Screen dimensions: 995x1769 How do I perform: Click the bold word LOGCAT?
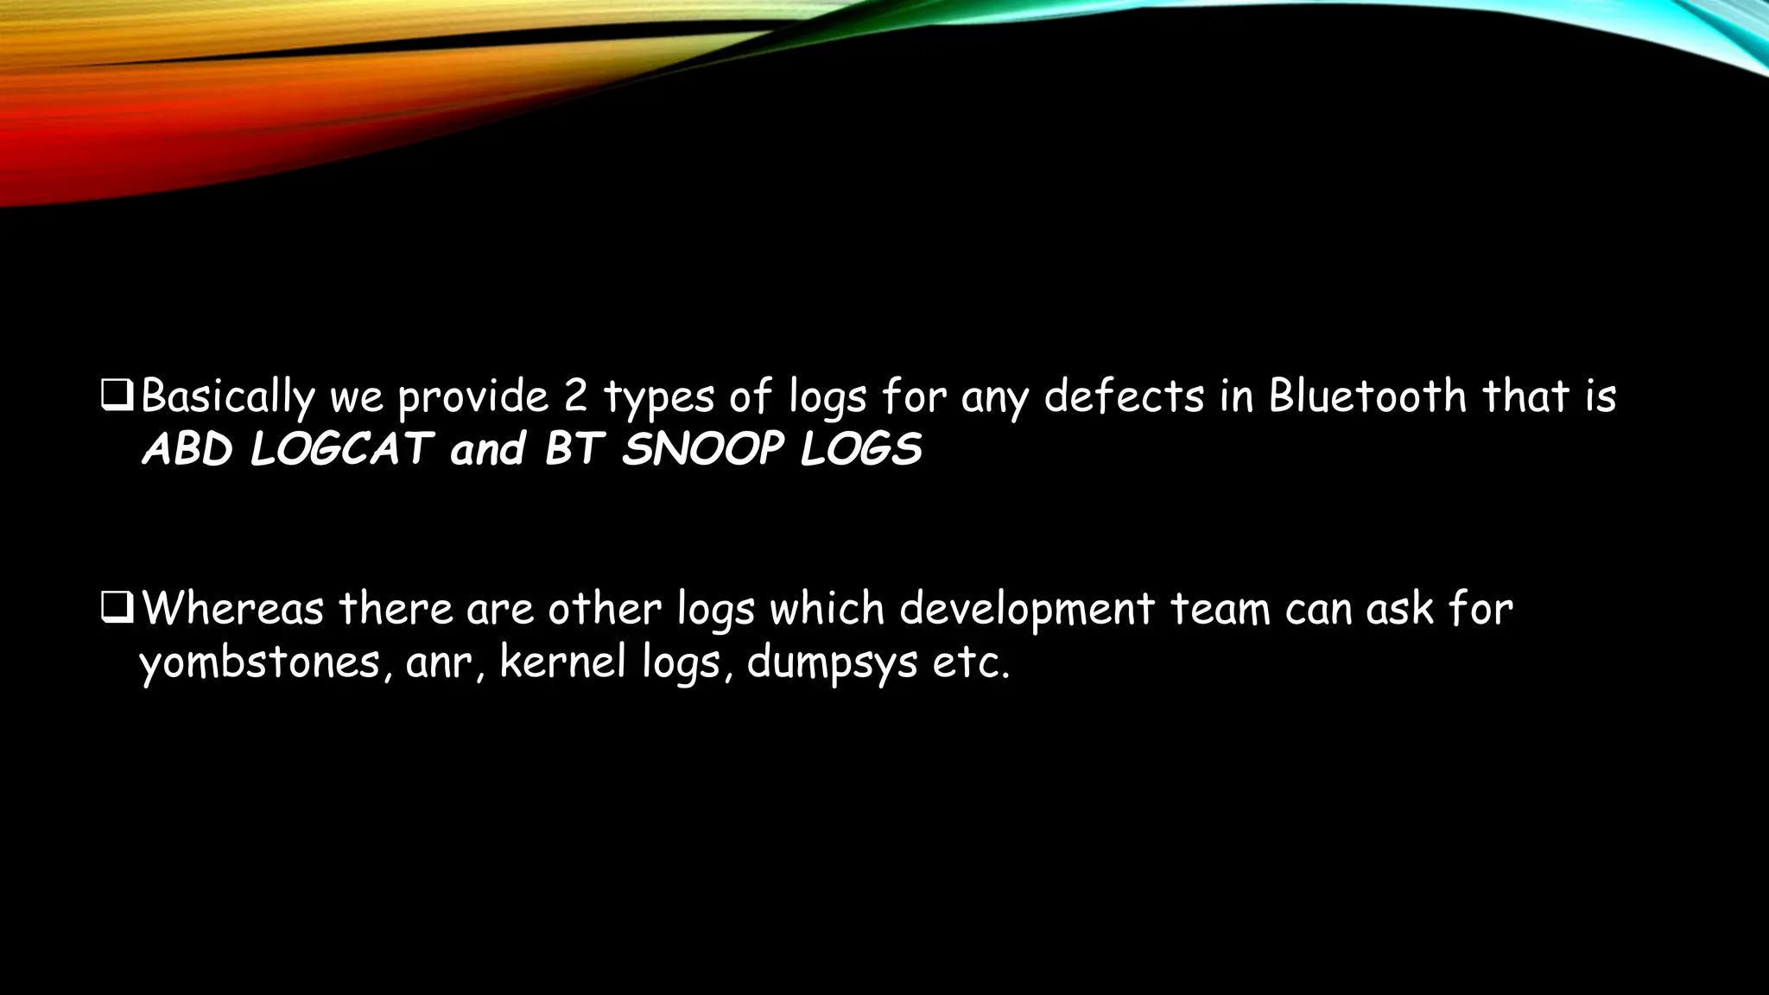[341, 449]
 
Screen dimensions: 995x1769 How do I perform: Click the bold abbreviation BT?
[572, 449]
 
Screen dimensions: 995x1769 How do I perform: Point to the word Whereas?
[232, 608]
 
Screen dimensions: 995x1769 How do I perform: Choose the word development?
[1026, 610]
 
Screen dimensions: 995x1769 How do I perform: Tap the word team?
[1220, 608]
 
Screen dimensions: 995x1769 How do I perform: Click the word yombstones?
[260, 663]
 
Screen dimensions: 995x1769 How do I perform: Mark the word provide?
[473, 397]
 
